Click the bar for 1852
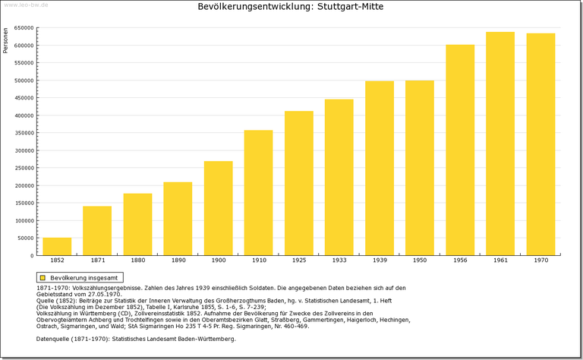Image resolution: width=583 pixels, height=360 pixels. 57,246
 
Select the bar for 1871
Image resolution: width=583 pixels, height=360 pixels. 97,231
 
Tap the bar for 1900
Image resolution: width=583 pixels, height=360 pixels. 219,208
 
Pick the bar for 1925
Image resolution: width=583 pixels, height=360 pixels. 299,183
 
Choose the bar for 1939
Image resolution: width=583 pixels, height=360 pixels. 380,168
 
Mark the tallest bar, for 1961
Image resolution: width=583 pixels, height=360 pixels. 500,144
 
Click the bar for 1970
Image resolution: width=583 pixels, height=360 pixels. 540,144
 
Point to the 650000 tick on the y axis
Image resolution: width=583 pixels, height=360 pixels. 24,28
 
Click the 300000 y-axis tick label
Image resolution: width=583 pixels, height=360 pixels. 24,150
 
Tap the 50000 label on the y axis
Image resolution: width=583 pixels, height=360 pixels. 25,238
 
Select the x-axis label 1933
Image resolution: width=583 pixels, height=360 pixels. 339,261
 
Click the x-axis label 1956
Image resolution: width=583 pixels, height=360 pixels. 460,261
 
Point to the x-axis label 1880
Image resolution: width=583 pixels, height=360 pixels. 137,261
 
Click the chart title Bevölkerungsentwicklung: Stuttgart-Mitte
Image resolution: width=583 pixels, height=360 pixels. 291,7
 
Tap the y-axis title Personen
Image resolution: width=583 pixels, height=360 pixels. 6,39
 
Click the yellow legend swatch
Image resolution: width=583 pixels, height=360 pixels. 43,278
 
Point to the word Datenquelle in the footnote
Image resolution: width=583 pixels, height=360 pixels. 55,339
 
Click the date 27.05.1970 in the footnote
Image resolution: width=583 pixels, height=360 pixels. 104,294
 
